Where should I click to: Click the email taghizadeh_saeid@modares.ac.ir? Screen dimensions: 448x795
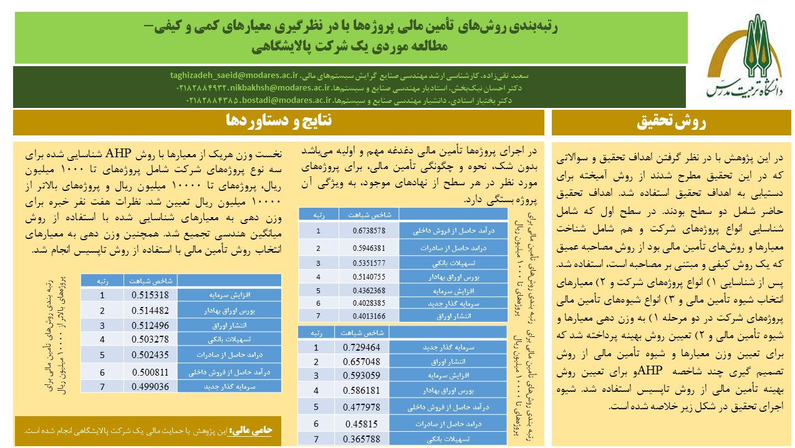coord(234,75)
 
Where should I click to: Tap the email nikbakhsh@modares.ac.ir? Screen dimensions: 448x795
coord(271,87)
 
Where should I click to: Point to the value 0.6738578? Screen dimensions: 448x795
coord(369,231)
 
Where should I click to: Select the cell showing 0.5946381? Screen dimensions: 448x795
coord(369,248)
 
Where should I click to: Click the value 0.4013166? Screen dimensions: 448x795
coord(369,316)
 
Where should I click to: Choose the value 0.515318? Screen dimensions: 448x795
coord(150,295)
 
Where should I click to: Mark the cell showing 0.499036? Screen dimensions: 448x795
coord(150,386)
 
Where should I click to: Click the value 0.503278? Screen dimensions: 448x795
coord(150,339)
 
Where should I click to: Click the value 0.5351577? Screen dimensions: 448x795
coord(369,262)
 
